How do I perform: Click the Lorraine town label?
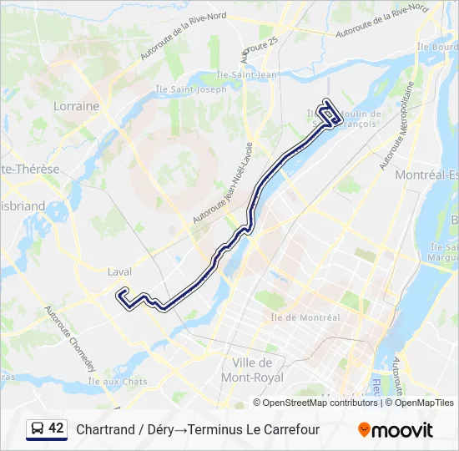pyautogui.click(x=76, y=106)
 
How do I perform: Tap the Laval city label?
pyautogui.click(x=120, y=271)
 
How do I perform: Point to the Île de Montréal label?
pyautogui.click(x=305, y=317)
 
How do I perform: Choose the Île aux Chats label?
pyautogui.click(x=122, y=382)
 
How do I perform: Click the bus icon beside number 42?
pyautogui.click(x=37, y=429)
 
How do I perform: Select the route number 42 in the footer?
pyautogui.click(x=56, y=428)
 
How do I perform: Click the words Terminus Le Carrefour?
pyautogui.click(x=254, y=430)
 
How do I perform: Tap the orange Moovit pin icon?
pyautogui.click(x=364, y=430)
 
